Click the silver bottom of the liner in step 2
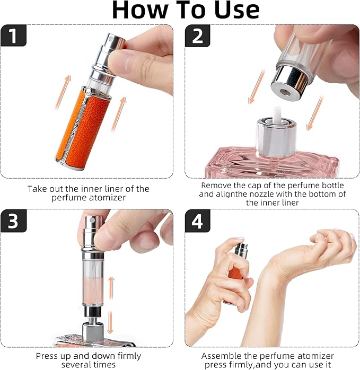click(290, 78)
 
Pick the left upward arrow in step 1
click(60, 91)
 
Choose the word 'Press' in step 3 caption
click(47, 355)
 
